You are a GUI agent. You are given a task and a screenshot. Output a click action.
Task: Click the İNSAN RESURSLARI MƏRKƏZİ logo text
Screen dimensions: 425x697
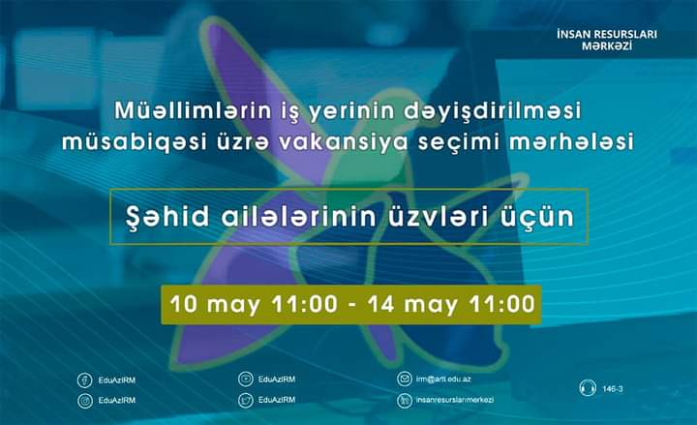point(607,40)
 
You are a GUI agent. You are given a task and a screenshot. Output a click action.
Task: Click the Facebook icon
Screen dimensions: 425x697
point(86,379)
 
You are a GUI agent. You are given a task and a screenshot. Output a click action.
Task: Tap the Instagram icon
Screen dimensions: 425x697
point(86,400)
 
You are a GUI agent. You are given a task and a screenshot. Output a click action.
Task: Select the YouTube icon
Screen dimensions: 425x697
point(246,379)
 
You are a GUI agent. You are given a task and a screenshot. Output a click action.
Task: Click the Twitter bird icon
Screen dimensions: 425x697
point(246,400)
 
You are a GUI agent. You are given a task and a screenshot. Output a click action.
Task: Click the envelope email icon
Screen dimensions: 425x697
point(405,379)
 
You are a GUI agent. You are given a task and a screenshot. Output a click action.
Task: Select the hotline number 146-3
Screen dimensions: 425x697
point(613,389)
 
